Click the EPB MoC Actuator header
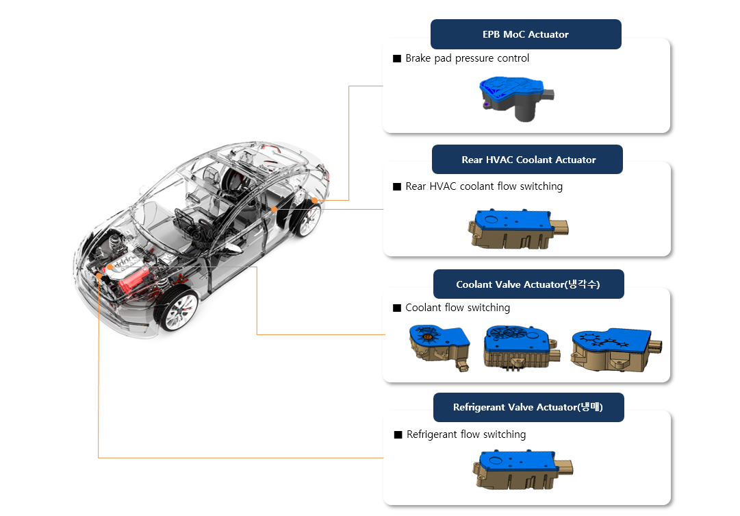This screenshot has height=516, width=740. tap(525, 34)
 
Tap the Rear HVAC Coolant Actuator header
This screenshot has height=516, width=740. tap(528, 160)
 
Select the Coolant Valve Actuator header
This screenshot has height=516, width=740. tap(528, 284)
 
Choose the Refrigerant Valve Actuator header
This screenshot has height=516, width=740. tap(528, 407)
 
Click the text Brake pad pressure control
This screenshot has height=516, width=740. tap(467, 58)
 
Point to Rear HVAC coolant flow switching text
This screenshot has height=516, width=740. tap(483, 186)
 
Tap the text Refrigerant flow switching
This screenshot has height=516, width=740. tap(465, 434)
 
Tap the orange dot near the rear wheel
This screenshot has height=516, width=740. tap(314, 200)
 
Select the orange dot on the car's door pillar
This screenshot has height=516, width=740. tap(274, 209)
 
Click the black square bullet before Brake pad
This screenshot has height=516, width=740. tap(397, 59)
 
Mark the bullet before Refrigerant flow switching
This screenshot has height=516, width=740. tap(398, 435)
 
